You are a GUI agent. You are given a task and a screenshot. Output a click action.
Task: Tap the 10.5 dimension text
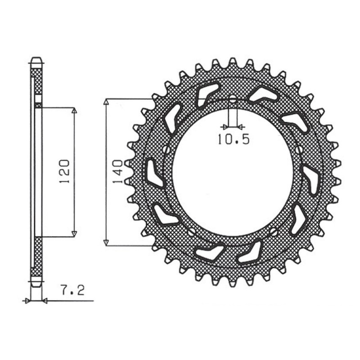coord(233,139)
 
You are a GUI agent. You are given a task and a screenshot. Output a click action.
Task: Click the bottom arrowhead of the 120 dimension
coord(75,234)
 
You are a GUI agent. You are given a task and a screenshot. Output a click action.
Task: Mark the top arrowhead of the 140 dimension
coord(106,102)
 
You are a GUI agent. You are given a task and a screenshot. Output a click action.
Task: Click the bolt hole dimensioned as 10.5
coord(233,99)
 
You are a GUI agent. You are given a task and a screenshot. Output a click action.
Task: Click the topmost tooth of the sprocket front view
coord(233,62)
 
